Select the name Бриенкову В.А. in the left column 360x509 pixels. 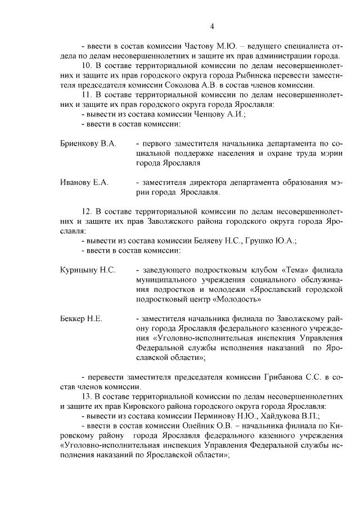pyautogui.click(x=88, y=144)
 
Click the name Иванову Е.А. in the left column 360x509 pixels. pyautogui.click(x=84, y=182)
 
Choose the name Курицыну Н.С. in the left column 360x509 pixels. pyautogui.click(x=88, y=270)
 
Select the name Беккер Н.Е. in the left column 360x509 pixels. pyautogui.click(x=81, y=319)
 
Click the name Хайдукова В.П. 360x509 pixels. pyautogui.click(x=285, y=416)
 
